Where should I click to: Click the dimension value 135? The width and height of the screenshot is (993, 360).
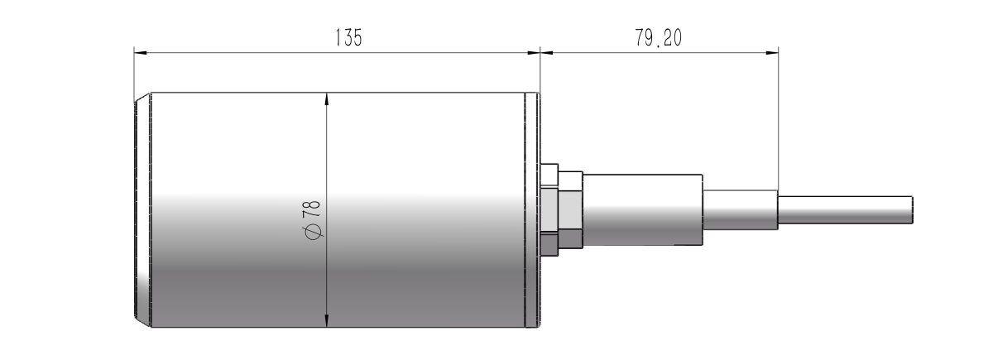[x=348, y=38]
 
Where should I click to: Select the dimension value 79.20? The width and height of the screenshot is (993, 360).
[x=659, y=38]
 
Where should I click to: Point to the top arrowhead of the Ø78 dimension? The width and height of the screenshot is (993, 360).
[x=328, y=98]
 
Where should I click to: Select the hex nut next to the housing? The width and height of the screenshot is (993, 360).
[x=569, y=210]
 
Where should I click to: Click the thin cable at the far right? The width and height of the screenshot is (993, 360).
[x=844, y=210]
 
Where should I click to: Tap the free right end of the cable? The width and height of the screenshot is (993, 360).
[x=910, y=210]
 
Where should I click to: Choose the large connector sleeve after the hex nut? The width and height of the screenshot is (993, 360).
[x=644, y=210]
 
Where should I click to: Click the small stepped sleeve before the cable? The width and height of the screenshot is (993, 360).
[x=740, y=210]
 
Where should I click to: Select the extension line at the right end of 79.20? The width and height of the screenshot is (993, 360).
[x=779, y=116]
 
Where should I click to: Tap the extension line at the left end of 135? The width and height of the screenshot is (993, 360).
[x=134, y=70]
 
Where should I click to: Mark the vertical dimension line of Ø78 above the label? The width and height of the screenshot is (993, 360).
[x=328, y=149]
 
